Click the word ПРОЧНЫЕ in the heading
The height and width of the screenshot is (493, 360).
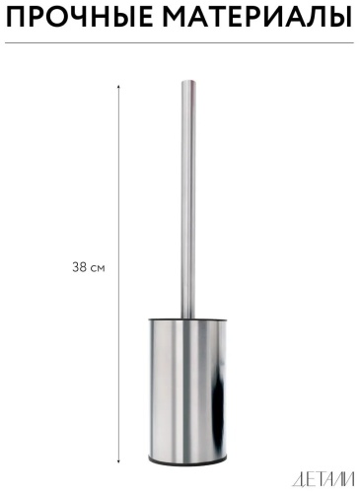coord(79,18)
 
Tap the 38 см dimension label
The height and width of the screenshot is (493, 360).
coord(89,267)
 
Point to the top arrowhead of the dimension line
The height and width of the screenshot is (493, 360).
coord(118,87)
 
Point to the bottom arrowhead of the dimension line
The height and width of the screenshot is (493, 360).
coord(118,461)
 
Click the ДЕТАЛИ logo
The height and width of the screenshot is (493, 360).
coord(323,480)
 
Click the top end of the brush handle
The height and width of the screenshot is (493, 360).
coord(188,81)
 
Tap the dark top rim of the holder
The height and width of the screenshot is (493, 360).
coord(187,319)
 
